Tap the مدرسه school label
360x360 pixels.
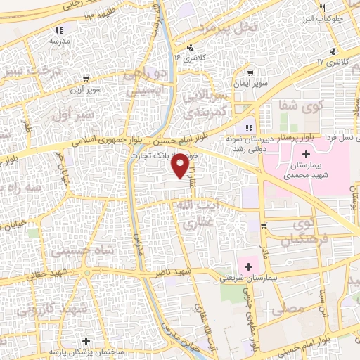[60, 41]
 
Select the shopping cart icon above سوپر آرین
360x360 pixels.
[85, 79]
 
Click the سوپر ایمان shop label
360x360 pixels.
[271, 83]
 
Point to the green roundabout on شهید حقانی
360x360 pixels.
[86, 273]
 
